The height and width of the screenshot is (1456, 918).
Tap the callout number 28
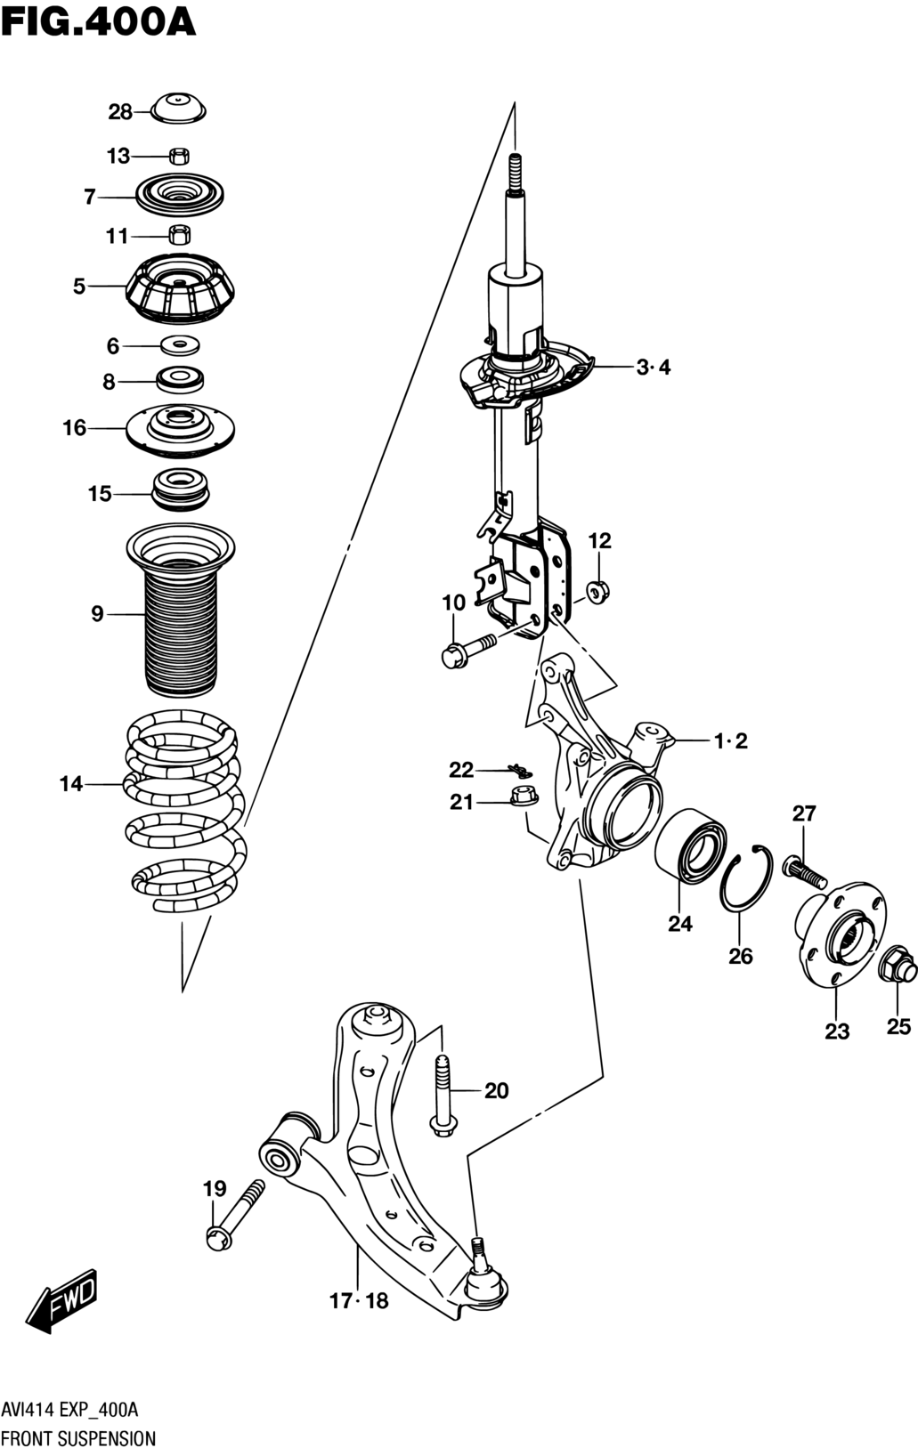[120, 112]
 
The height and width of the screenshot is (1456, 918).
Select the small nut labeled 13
[180, 156]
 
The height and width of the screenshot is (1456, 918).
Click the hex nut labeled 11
[180, 234]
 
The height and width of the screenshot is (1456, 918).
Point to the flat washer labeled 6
[180, 345]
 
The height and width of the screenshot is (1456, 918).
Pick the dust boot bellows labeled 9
[180, 611]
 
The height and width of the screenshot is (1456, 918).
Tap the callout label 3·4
[653, 368]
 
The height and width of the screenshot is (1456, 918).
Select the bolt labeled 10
[468, 649]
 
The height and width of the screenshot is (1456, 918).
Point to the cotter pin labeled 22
[520, 771]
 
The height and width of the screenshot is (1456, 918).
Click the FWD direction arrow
[63, 1300]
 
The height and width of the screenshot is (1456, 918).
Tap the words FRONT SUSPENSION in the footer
[78, 1438]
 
